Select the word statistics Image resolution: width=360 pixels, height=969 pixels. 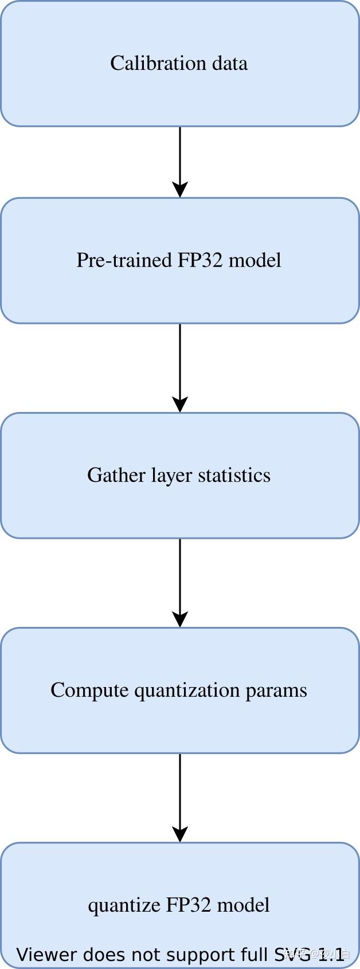(234, 475)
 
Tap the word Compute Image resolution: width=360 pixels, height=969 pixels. (89, 690)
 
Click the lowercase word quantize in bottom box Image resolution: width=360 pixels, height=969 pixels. (124, 905)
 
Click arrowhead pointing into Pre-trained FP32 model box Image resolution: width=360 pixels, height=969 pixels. (180, 190)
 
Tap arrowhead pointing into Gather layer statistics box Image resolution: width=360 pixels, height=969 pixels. (180, 404)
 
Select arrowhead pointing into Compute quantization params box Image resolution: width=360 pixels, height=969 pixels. (180, 619)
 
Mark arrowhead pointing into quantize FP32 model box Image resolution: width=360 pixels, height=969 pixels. (180, 834)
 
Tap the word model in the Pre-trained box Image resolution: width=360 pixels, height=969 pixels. (255, 260)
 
